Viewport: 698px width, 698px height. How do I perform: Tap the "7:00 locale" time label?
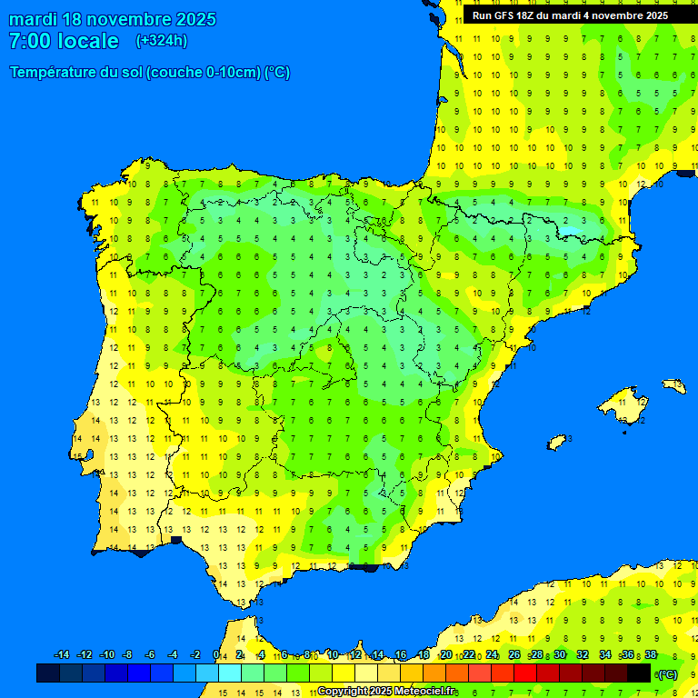point(64,41)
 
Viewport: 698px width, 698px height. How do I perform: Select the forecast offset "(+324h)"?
point(162,41)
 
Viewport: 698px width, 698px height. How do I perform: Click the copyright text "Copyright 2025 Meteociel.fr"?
point(386,692)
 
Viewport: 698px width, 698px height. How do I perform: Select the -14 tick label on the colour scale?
point(62,655)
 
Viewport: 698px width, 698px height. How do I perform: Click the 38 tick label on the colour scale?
point(650,655)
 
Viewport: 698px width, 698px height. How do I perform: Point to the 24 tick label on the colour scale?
point(492,655)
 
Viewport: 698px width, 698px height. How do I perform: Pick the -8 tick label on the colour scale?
point(127,655)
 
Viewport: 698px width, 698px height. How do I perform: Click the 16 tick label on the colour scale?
point(401,655)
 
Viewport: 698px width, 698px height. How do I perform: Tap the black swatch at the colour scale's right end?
point(639,673)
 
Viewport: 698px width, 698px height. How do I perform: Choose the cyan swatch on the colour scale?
point(230,673)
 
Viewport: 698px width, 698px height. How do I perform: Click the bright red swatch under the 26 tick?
point(525,673)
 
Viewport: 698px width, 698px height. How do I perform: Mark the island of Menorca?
point(673,385)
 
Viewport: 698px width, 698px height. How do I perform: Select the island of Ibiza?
point(557,442)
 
